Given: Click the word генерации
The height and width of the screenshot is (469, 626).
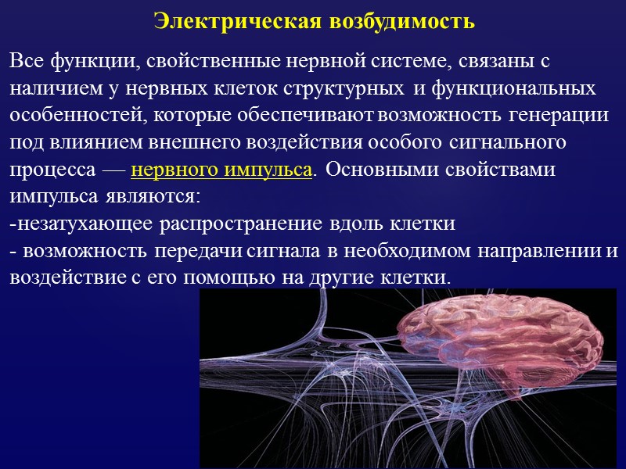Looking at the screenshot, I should pos(558,115).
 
